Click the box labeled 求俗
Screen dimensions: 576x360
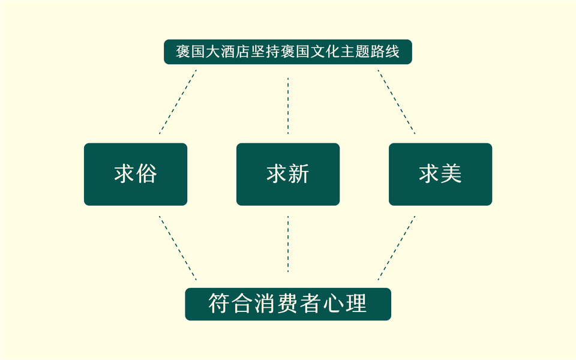[x=135, y=174]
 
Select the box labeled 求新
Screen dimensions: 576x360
[x=288, y=174]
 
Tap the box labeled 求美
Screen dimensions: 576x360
[x=440, y=174]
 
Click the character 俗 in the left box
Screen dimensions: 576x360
[x=146, y=174]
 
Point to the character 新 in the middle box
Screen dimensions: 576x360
[x=298, y=174]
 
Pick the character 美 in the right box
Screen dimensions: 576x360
[x=451, y=174]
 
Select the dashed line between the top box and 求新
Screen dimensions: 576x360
[x=288, y=105]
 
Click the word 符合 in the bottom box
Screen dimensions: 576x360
[x=231, y=304]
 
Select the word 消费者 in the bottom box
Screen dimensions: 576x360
[x=288, y=304]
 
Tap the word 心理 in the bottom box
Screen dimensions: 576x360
[x=345, y=304]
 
